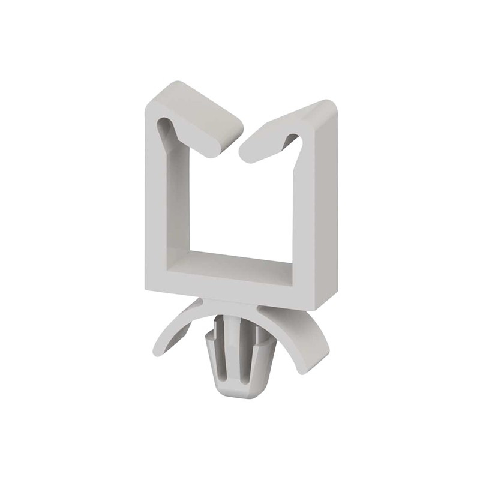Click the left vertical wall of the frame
tap(157, 204)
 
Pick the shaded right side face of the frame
tap(327, 210)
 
